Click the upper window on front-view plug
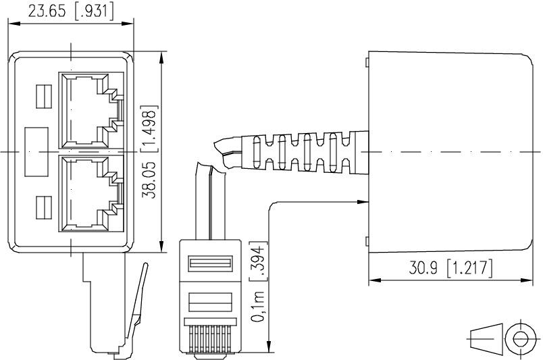(209, 264)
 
